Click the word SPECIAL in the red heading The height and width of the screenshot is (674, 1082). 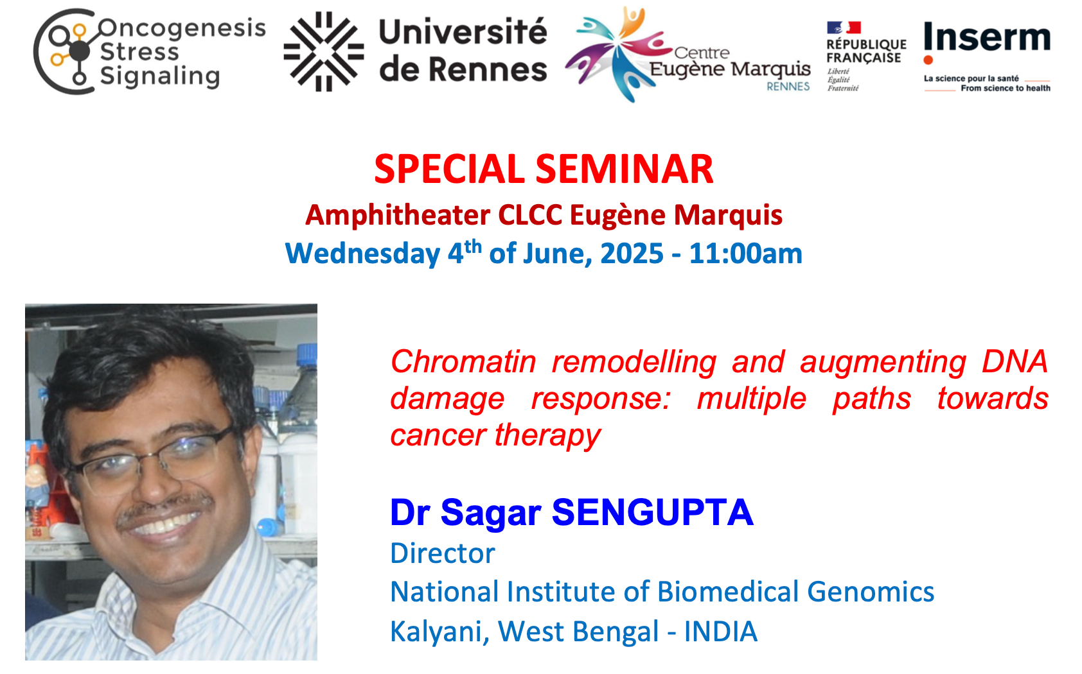click(449, 169)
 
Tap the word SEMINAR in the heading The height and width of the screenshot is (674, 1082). click(625, 169)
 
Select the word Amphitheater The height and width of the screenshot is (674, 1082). click(398, 215)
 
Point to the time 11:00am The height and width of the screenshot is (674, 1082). click(746, 254)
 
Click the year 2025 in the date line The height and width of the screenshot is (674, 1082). click(632, 254)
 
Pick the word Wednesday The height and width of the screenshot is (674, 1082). click(363, 254)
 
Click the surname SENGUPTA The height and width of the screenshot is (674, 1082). click(653, 512)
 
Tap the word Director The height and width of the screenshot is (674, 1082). click(443, 553)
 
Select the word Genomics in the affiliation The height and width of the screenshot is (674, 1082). click(871, 592)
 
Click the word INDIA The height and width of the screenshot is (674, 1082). click(721, 632)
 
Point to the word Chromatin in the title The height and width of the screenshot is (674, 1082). click(463, 362)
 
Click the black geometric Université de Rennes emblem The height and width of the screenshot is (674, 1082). click(324, 51)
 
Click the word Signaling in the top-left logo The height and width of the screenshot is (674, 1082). click(160, 77)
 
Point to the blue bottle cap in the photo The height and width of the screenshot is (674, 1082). click(307, 355)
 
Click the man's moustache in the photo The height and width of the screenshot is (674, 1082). click(165, 509)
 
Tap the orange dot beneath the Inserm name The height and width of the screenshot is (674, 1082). click(928, 60)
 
